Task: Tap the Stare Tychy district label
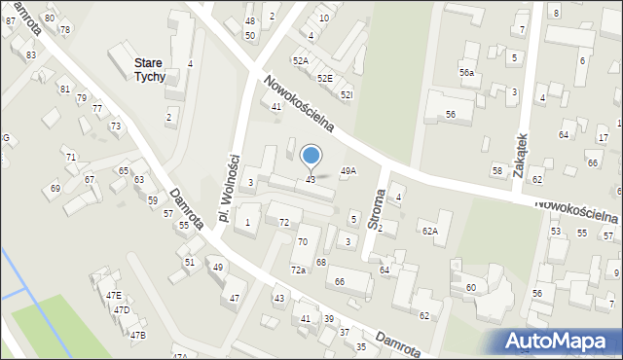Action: (149, 69)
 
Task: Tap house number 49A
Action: (348, 170)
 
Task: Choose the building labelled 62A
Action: (429, 231)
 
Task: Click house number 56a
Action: (467, 73)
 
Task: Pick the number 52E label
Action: (324, 78)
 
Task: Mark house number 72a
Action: (298, 270)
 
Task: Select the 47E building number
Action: (114, 295)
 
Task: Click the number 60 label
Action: (471, 287)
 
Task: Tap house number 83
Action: (31, 55)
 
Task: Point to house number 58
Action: (497, 170)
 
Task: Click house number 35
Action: (361, 346)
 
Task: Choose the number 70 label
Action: (303, 241)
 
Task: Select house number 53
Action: (556, 232)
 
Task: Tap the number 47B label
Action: (138, 336)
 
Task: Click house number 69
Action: (55, 188)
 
